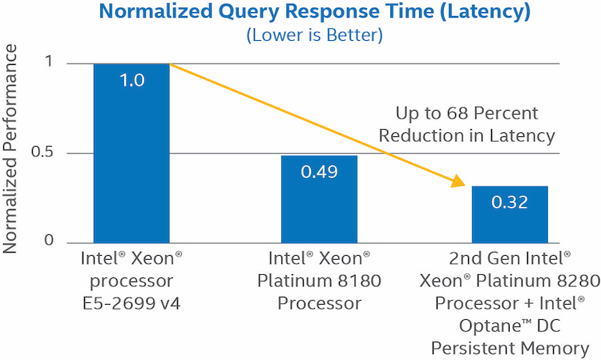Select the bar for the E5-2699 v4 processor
click(131, 160)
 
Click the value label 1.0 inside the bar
click(131, 80)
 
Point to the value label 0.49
click(320, 172)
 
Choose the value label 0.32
click(509, 202)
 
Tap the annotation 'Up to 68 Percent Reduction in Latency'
click(466, 124)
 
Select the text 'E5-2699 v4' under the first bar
click(131, 304)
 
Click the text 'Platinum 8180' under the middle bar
click(320, 281)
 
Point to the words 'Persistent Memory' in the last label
click(510, 348)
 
